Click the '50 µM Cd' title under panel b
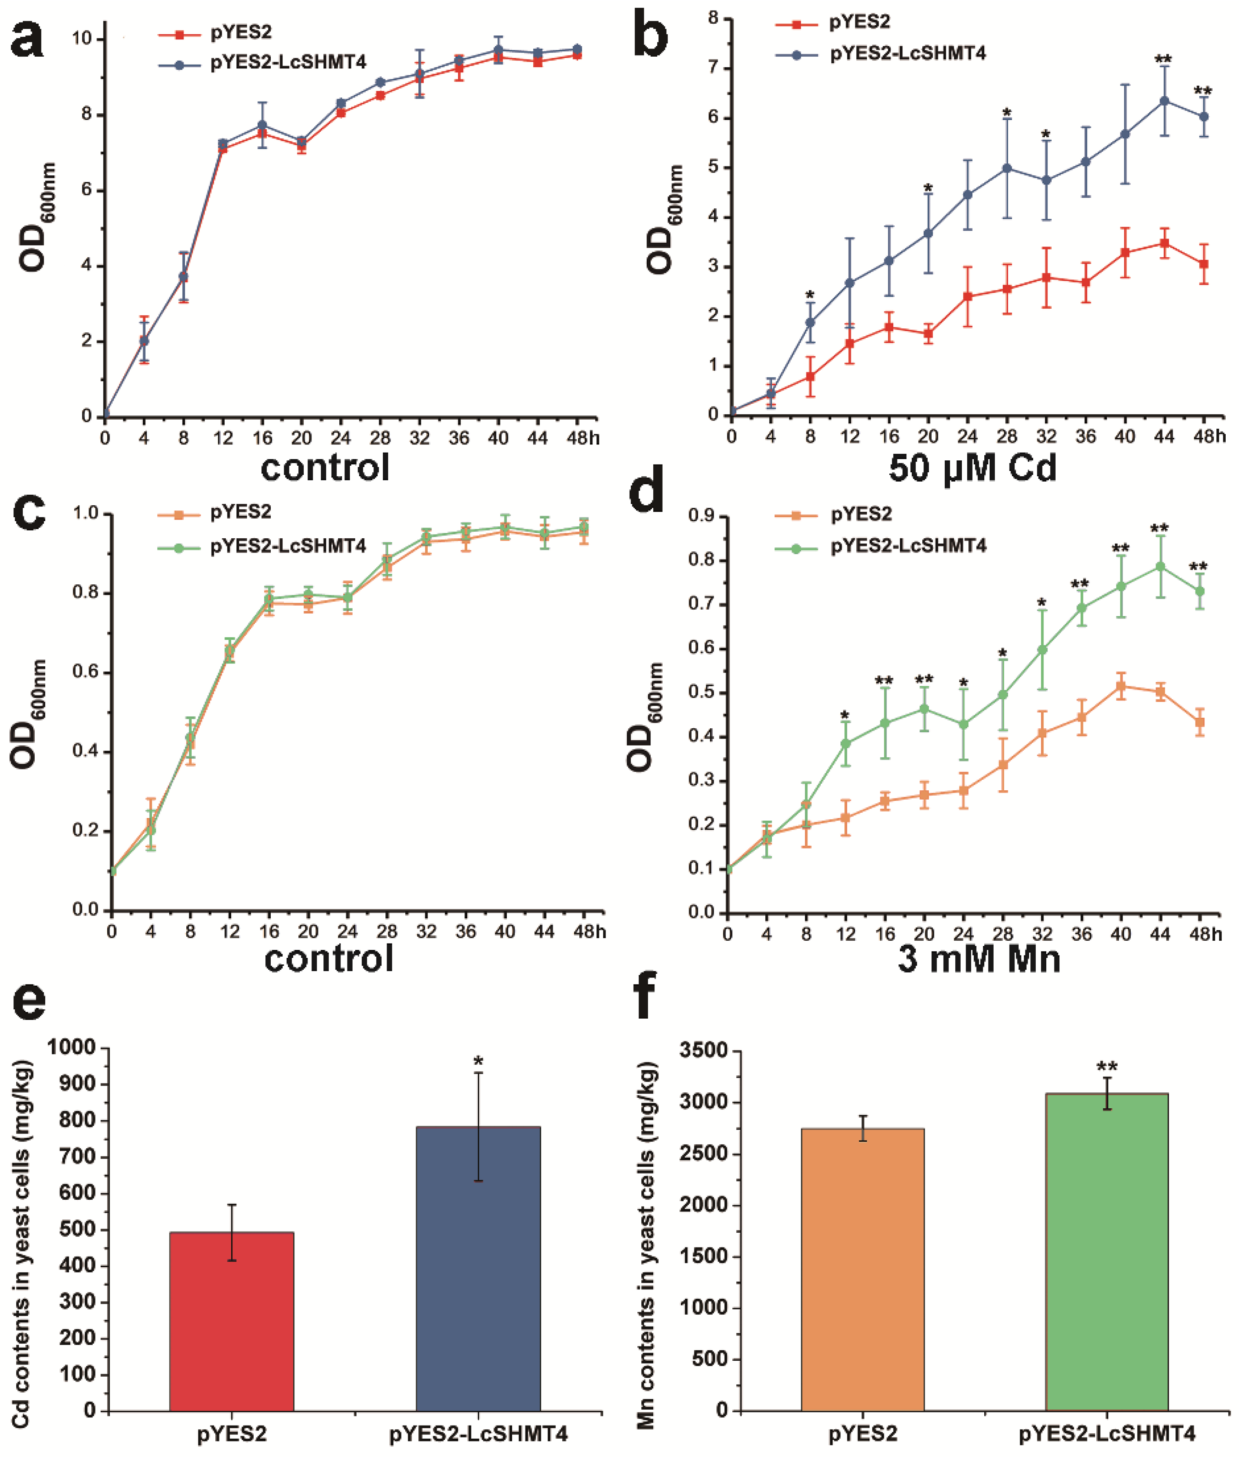click(x=972, y=468)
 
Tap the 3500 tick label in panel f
click(x=703, y=1050)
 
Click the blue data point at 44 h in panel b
click(x=1164, y=101)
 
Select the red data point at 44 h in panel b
click(x=1164, y=243)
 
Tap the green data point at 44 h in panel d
click(x=1160, y=566)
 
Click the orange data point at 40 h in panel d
click(x=1121, y=686)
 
